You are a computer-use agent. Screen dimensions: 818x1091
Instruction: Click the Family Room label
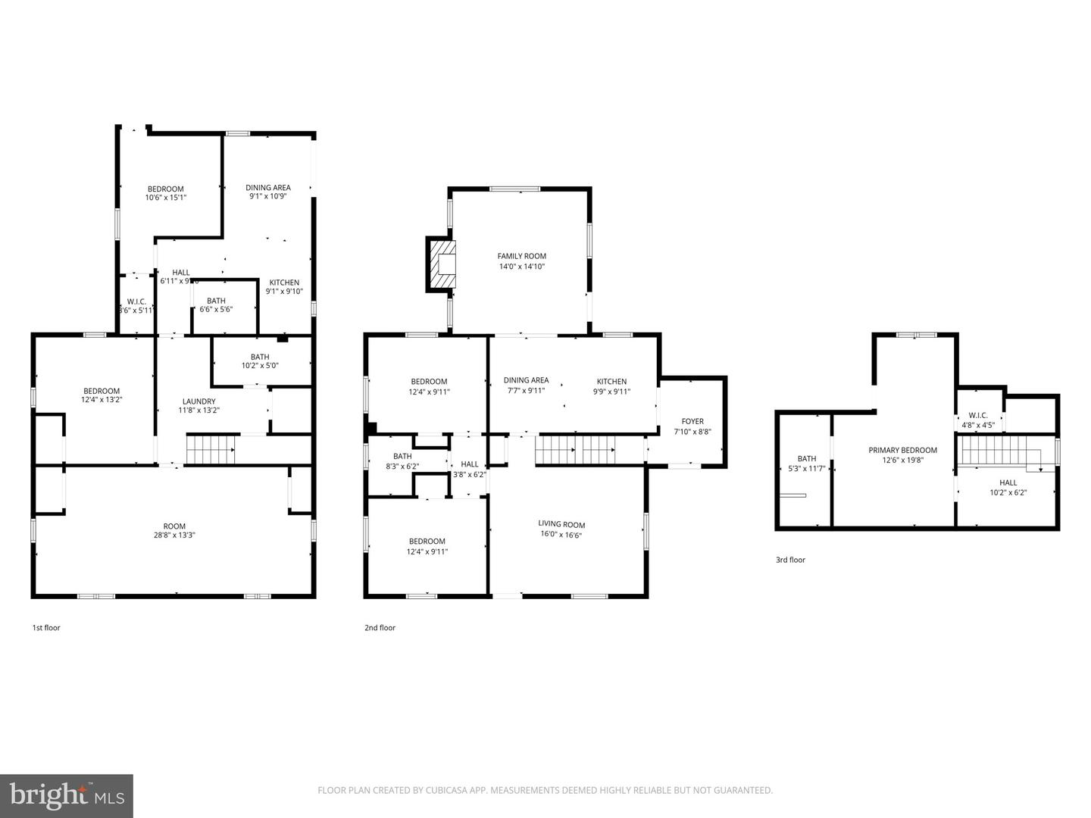(521, 257)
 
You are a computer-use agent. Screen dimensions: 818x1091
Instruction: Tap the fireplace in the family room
(442, 264)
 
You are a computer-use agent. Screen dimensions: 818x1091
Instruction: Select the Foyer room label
(692, 422)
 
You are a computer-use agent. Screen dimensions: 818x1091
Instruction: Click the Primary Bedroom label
(902, 451)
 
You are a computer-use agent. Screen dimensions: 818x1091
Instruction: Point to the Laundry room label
(199, 401)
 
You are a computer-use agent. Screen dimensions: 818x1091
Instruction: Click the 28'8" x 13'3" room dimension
(174, 535)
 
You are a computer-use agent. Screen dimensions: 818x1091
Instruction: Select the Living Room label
(561, 524)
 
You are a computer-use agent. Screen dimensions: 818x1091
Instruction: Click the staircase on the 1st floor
(211, 449)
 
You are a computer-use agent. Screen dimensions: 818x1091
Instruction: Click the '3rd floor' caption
(790, 560)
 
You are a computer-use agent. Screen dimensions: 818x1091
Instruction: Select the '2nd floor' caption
(380, 628)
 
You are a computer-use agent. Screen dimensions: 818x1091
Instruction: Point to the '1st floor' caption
(45, 628)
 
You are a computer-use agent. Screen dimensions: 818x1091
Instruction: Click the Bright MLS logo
(67, 795)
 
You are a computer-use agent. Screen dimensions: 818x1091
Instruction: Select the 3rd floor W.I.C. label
(978, 415)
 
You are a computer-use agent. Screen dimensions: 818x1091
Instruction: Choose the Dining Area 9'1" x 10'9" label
(267, 188)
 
